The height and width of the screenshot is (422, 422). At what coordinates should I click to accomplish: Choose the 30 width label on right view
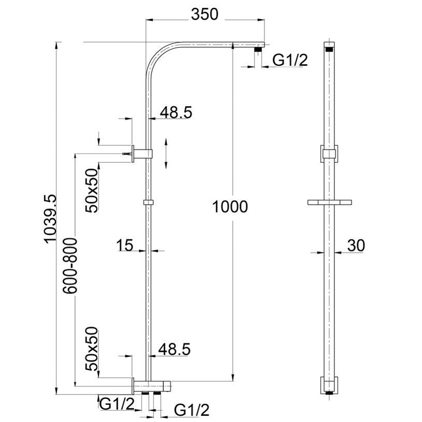[x=356, y=245]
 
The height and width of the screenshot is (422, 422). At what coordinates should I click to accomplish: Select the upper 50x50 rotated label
[x=93, y=190]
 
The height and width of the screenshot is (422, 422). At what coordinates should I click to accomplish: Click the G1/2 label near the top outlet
[x=290, y=60]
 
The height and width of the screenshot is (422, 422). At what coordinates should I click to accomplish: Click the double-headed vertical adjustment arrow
[x=166, y=153]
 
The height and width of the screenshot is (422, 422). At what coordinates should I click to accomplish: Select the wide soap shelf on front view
[x=329, y=201]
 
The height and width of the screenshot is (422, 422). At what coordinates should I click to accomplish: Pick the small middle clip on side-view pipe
[x=148, y=202]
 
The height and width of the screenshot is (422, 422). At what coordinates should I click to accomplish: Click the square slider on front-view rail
[x=329, y=154]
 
